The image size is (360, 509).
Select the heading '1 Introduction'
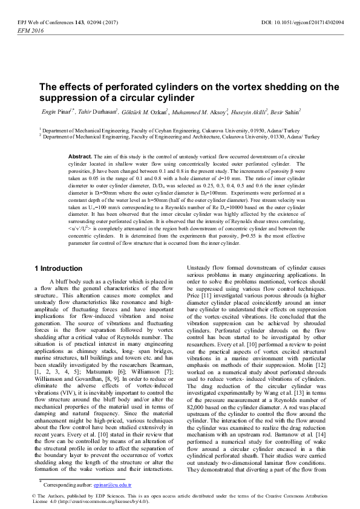click(57, 268)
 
